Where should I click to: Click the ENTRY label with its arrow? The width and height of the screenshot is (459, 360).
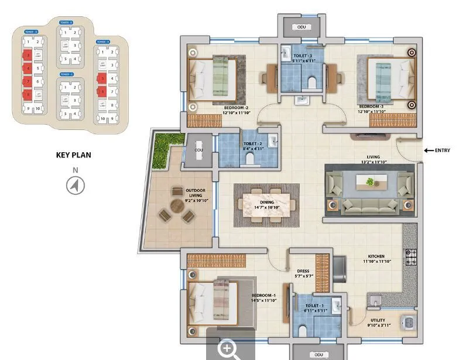click(437, 150)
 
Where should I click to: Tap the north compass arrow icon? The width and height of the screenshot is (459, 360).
click(75, 186)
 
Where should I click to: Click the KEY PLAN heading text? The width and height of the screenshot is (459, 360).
click(73, 155)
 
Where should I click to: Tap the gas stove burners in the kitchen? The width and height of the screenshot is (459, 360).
click(411, 256)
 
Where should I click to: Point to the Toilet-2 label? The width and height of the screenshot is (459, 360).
click(253, 146)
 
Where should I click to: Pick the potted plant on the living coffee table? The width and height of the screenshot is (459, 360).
click(370, 182)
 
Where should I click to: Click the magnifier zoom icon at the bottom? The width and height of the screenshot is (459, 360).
click(229, 349)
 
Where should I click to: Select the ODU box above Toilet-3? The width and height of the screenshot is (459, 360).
click(302, 27)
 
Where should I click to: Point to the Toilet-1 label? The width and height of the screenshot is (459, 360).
click(314, 308)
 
